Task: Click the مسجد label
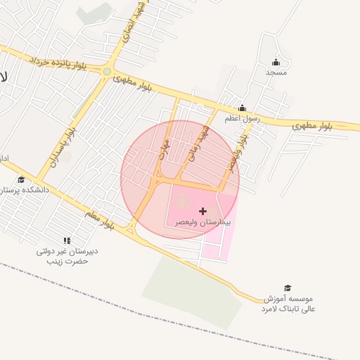click(276, 72)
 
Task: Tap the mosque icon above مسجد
click(276, 62)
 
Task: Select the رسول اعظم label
click(242, 119)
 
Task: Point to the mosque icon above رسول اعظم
click(242, 108)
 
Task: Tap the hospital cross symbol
click(203, 211)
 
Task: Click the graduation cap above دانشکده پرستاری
click(20, 180)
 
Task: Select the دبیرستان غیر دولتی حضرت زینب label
click(67, 256)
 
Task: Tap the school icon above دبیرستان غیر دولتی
click(67, 241)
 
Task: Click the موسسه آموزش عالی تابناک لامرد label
click(290, 304)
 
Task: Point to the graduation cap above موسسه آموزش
click(287, 288)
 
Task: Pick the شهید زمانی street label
click(194, 145)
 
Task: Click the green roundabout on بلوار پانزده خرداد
click(107, 71)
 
